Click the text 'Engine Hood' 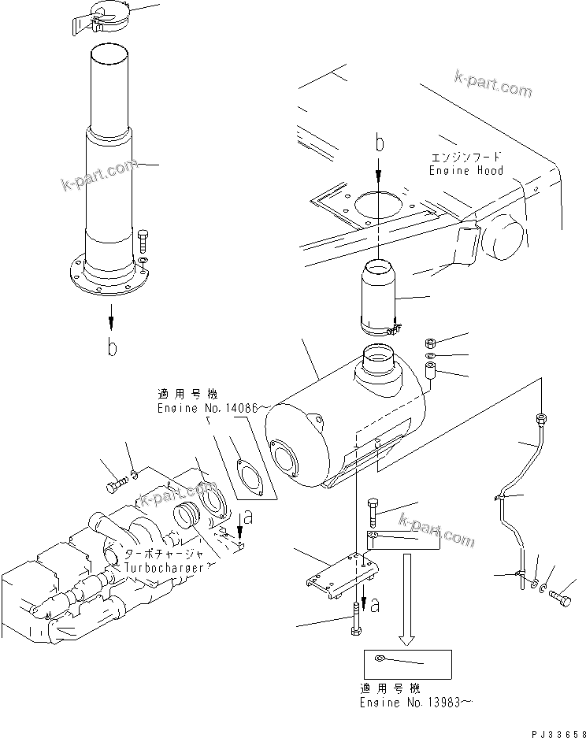pos(465,170)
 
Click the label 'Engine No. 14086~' pos(213,408)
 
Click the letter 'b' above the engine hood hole pos(379,144)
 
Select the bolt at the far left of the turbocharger pos(116,482)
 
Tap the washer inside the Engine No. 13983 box pos(380,659)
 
